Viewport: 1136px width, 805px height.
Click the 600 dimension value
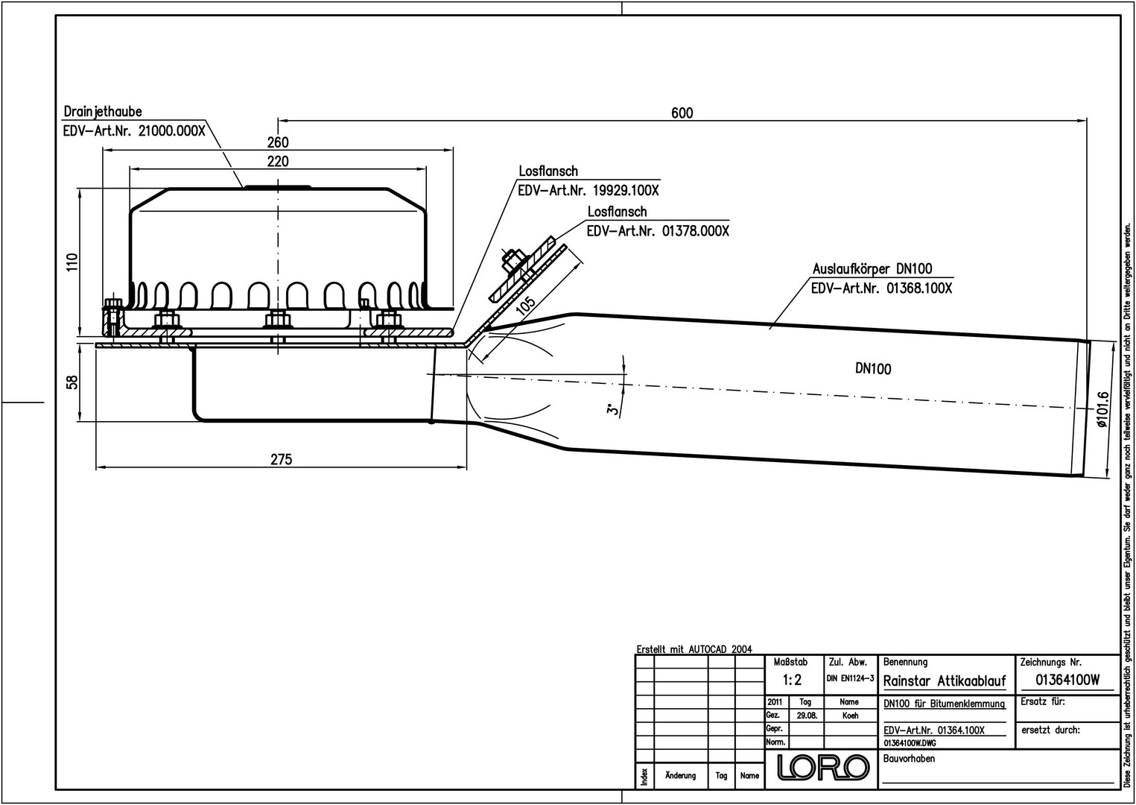pos(682,113)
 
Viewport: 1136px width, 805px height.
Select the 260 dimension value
pos(278,142)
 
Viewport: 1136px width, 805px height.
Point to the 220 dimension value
pos(278,161)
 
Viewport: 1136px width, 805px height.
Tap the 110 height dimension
pos(72,262)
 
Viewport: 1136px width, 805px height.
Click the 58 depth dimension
pos(72,382)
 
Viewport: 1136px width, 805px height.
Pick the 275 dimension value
pos(281,459)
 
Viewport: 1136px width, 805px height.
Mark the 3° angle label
pos(612,409)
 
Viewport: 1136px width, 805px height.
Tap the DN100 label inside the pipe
pos(872,369)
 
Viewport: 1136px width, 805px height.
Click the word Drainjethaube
pos(103,112)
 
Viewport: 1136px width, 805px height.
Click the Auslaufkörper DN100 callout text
pos(872,269)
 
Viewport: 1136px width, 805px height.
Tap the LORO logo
pos(823,767)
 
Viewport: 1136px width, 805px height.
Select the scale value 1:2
pos(792,680)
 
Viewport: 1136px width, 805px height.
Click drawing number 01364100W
pos(1067,680)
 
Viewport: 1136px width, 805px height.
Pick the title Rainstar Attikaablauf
pos(944,681)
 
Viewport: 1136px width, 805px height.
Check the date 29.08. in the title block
pos(805,716)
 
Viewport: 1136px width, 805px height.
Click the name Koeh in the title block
pos(850,716)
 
